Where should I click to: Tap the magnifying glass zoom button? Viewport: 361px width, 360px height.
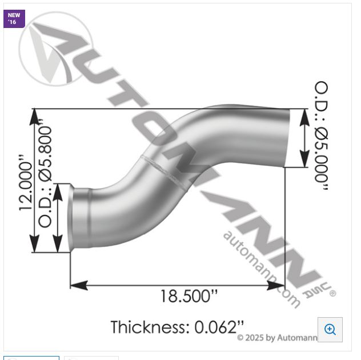click(330, 329)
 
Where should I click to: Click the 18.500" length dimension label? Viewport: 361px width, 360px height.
click(188, 296)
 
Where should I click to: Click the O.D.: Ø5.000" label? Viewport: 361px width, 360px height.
click(321, 140)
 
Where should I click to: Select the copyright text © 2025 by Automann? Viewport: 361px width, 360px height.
click(276, 338)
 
